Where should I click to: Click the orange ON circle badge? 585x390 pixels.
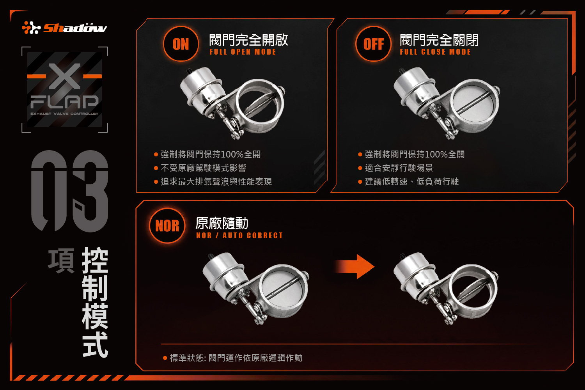click(181, 44)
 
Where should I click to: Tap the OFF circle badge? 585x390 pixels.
click(374, 44)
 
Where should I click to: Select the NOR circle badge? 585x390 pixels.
click(167, 226)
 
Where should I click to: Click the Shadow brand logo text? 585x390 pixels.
click(75, 28)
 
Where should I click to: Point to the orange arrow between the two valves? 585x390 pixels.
click(355, 267)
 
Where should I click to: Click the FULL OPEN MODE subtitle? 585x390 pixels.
click(243, 52)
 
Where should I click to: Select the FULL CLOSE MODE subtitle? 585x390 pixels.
click(435, 52)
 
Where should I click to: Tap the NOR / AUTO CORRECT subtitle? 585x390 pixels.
click(239, 235)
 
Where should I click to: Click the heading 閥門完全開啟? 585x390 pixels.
click(249, 40)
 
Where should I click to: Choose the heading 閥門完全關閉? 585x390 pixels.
click(439, 40)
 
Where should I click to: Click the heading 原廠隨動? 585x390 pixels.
click(222, 223)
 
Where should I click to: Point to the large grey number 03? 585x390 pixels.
click(69, 191)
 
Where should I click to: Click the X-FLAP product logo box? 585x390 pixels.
click(64, 90)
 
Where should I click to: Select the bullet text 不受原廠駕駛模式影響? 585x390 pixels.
click(204, 168)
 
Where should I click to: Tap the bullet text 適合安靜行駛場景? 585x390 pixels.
click(399, 168)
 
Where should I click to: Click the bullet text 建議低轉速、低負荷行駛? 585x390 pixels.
click(412, 182)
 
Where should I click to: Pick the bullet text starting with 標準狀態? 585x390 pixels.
click(236, 358)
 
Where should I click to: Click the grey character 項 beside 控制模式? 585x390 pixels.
click(61, 261)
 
